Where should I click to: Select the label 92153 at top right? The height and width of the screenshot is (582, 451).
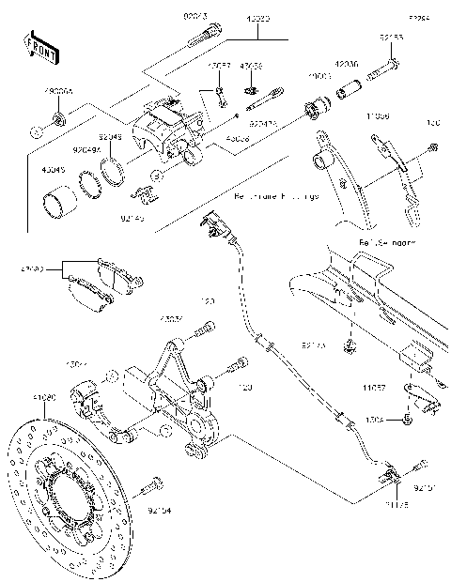point(391,37)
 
